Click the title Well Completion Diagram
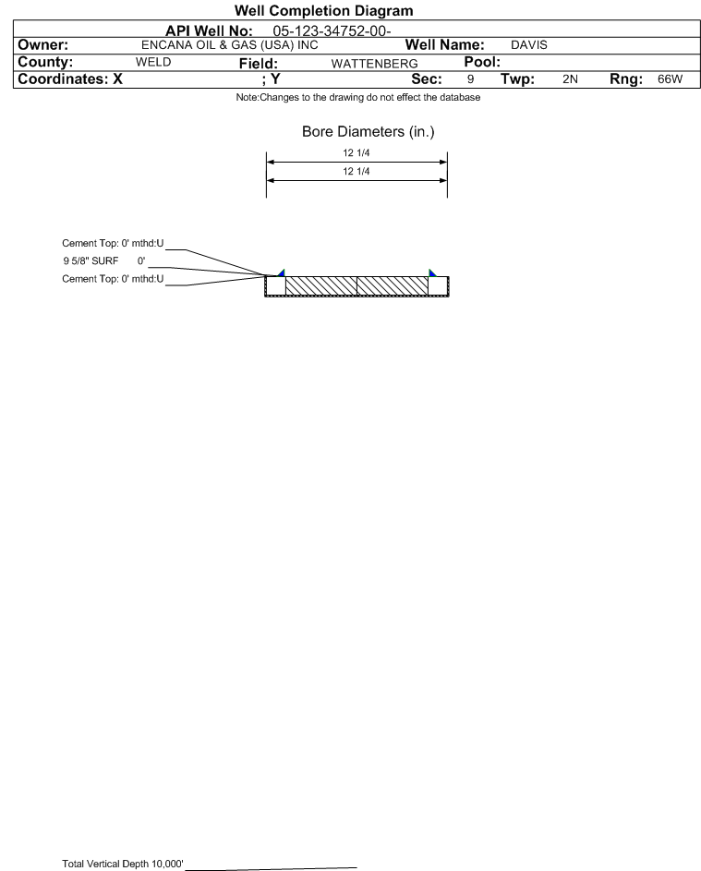(x=323, y=10)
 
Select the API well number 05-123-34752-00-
(x=332, y=31)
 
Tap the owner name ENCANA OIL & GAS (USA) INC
(x=229, y=45)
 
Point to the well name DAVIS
(x=529, y=45)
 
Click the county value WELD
(x=153, y=62)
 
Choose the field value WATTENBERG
(x=374, y=64)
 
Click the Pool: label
(x=482, y=62)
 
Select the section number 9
(x=470, y=79)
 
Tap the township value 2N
(x=570, y=79)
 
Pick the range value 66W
(x=670, y=79)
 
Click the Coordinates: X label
(x=70, y=79)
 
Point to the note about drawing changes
(x=357, y=97)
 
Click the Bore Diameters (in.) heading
(x=369, y=132)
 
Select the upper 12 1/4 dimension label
(x=357, y=152)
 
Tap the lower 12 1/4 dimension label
(x=357, y=171)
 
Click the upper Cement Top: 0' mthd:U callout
(x=113, y=243)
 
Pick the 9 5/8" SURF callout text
(x=103, y=260)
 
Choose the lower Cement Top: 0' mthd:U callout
(x=113, y=279)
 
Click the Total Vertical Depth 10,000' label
(x=123, y=864)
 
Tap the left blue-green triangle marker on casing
(x=283, y=273)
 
